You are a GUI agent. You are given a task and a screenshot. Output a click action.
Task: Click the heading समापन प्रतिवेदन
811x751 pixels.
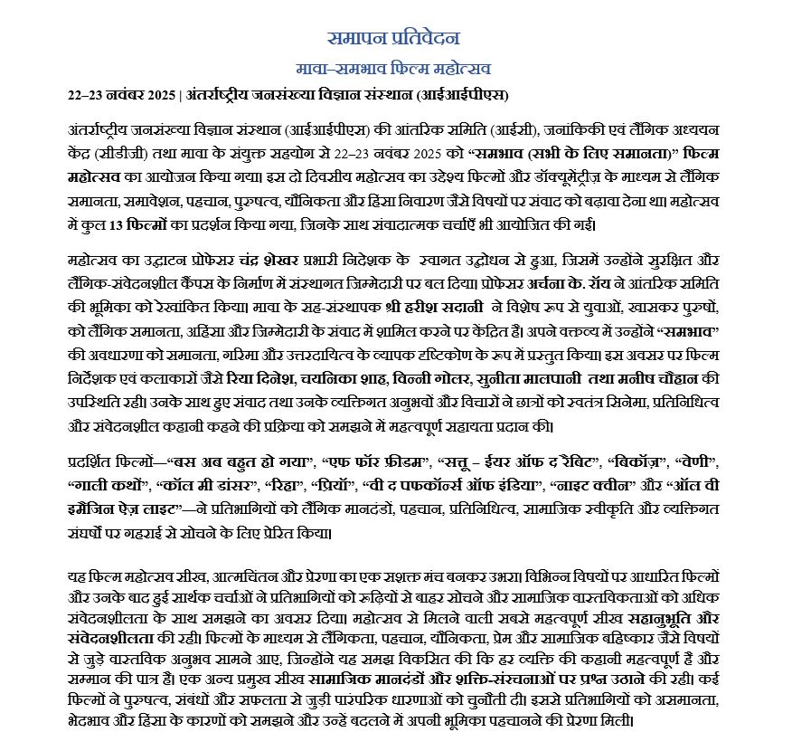tap(393, 38)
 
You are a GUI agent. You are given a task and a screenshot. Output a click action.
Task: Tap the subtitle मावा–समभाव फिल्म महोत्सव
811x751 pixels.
tap(393, 69)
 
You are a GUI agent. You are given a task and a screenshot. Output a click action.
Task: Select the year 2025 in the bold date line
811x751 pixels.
tap(159, 95)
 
